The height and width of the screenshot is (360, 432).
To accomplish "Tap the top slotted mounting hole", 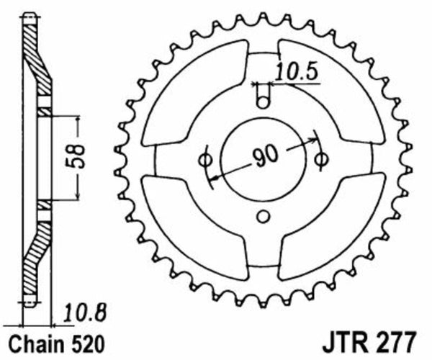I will tap(263, 94).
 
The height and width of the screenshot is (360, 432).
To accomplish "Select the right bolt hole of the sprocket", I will tap(322, 156).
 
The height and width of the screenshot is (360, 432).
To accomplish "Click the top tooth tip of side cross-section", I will tap(28, 16).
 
